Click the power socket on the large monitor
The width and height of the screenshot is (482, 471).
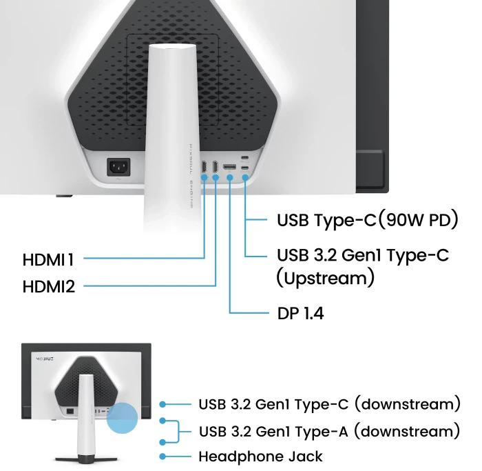tap(118, 167)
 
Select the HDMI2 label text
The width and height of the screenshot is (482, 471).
tap(49, 287)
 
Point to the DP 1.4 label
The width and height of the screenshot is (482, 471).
tap(300, 313)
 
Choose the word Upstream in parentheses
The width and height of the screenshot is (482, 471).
tap(325, 278)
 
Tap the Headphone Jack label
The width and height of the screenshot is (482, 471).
tap(261, 457)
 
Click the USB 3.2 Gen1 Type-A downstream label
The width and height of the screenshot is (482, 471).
tap(330, 431)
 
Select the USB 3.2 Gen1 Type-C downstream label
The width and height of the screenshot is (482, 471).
tap(330, 404)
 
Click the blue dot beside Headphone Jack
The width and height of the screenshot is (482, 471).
tap(163, 457)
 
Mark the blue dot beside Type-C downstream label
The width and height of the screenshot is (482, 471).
tap(163, 404)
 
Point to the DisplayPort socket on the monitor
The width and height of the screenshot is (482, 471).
tap(229, 167)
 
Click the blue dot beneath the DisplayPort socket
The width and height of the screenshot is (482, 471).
tap(229, 178)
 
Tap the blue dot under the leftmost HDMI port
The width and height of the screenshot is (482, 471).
tap(204, 178)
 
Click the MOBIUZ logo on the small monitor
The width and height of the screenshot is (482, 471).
tap(45, 359)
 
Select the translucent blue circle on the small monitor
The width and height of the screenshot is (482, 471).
tap(122, 418)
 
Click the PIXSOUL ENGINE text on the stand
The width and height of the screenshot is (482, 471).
tap(191, 176)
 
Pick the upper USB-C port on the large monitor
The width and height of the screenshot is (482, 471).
tap(244, 158)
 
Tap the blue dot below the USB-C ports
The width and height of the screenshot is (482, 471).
tap(245, 178)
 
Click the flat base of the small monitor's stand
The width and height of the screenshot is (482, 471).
tap(86, 459)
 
